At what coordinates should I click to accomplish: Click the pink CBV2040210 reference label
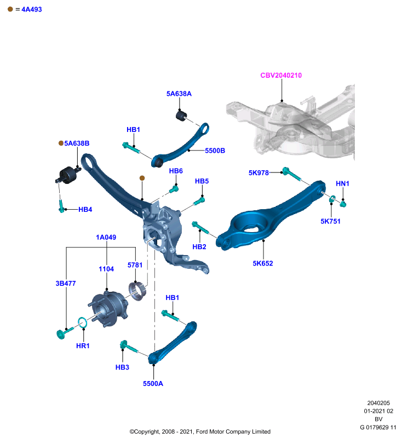click(x=281, y=76)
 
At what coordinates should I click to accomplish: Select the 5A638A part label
click(x=179, y=94)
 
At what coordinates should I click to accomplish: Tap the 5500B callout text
click(x=215, y=151)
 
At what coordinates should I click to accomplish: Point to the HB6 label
click(x=176, y=171)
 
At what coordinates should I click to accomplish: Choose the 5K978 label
click(x=259, y=173)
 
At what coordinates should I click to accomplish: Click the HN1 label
click(x=342, y=183)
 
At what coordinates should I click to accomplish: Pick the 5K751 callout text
click(x=330, y=222)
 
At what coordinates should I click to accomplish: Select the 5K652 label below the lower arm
click(x=262, y=263)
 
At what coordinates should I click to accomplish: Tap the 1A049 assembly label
click(x=106, y=238)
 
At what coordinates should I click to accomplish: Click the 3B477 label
click(x=66, y=284)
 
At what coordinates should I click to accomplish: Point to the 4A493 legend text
click(x=32, y=9)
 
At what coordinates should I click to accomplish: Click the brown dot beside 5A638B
click(x=61, y=143)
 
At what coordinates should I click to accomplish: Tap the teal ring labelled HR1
click(x=82, y=322)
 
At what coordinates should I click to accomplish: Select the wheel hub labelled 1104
click(x=107, y=309)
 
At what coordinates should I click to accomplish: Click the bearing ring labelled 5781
click(x=137, y=291)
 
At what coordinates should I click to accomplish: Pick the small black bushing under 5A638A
click(x=181, y=116)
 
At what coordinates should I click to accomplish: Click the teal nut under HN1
click(x=343, y=204)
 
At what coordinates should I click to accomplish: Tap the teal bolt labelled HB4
click(x=61, y=207)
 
